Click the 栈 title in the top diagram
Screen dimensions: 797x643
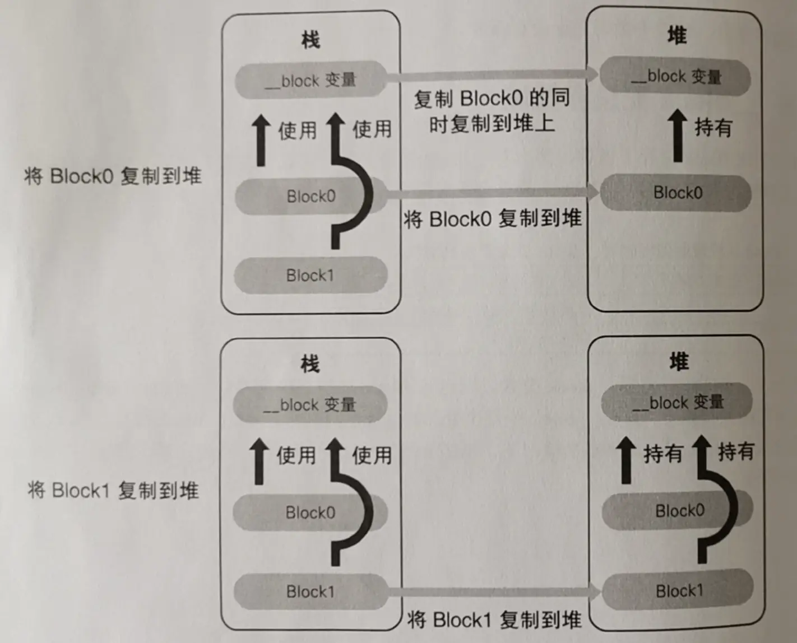(311, 40)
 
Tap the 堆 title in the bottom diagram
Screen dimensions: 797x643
(679, 362)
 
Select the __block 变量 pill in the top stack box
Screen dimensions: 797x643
(311, 80)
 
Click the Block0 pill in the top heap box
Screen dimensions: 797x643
(676, 193)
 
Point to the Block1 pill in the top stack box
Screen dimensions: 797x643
(310, 275)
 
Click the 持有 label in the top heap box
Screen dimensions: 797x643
(713, 128)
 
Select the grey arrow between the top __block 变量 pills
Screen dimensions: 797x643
(493, 74)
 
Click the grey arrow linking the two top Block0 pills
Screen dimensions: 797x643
(493, 193)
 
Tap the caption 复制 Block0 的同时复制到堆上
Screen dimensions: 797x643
(492, 111)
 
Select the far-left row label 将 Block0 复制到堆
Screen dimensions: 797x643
(113, 176)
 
